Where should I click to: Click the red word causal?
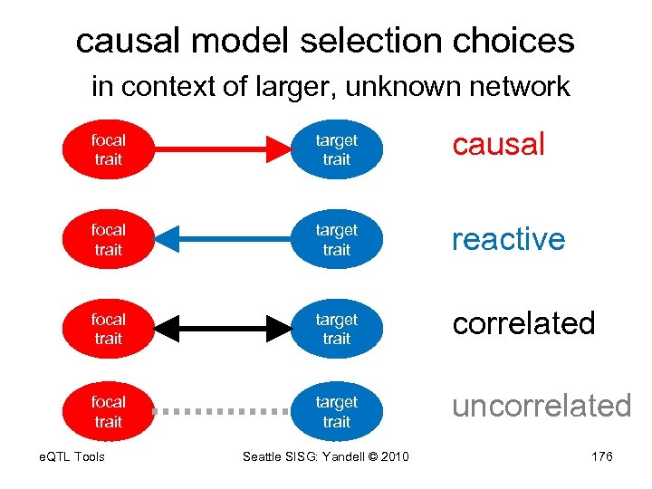click(x=499, y=144)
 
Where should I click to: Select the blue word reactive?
click(x=508, y=239)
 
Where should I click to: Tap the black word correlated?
click(x=523, y=323)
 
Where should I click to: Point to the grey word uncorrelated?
click(x=542, y=406)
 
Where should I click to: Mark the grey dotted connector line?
click(x=221, y=410)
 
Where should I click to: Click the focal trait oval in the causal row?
click(x=108, y=149)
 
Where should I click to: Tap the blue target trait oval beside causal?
click(x=336, y=149)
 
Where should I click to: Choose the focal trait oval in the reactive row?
click(x=108, y=239)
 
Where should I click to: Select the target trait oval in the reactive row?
click(x=336, y=239)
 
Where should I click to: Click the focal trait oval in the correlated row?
click(x=108, y=329)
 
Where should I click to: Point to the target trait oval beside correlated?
click(x=336, y=329)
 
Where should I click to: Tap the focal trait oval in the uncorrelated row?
click(x=108, y=411)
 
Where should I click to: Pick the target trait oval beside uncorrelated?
click(x=336, y=411)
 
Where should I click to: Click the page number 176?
click(x=601, y=456)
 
